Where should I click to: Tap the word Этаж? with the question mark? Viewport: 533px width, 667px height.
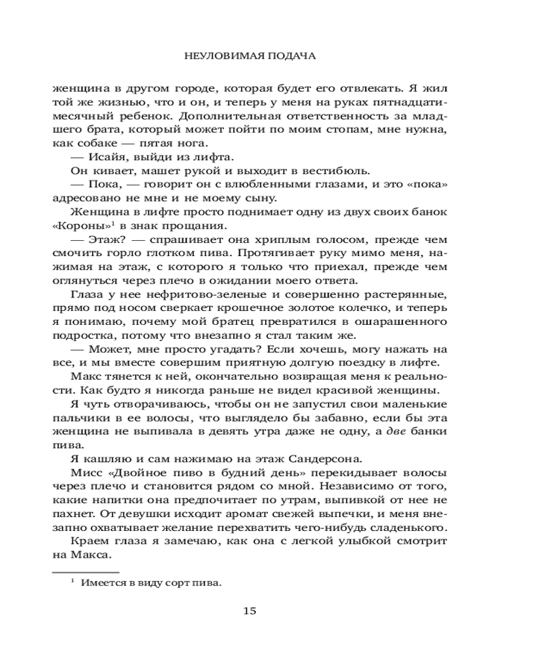coord(101,239)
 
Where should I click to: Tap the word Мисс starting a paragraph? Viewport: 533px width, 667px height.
coord(82,473)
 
